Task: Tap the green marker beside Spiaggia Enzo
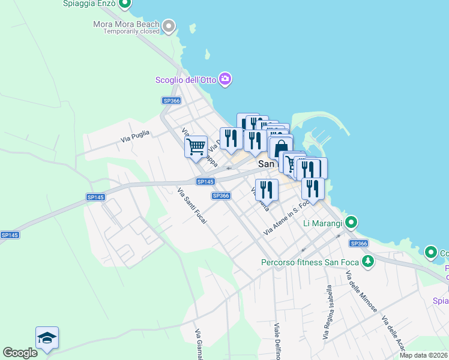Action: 125,4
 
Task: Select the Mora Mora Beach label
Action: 126,24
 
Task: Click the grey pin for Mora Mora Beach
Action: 169,26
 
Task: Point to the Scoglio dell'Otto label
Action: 185,79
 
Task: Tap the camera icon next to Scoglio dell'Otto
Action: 225,79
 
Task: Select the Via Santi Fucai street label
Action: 192,206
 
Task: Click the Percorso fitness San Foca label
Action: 310,262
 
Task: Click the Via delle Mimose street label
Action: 361,292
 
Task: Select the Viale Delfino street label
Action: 277,342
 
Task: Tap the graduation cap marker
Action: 47,338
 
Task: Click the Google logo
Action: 20,353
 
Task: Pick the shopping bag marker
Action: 281,148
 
